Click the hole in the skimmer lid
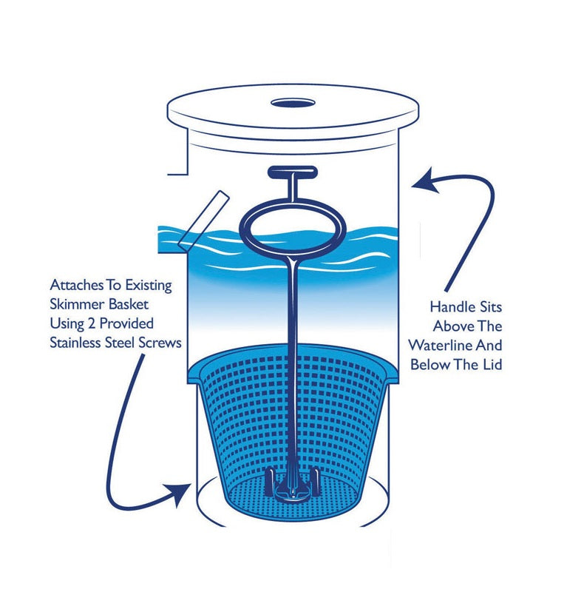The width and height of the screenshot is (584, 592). coord(293,103)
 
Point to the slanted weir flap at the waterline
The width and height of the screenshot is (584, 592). coord(204,221)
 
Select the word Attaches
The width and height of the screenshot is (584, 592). coord(77,285)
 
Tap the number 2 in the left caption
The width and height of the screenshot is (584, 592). coord(92,324)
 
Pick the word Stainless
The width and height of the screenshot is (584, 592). coord(75,343)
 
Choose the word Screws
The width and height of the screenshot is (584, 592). coord(160,343)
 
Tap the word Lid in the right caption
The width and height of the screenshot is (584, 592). coord(491,365)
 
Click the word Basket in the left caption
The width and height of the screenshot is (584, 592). coord(129,304)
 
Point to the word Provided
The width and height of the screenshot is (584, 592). coord(126,324)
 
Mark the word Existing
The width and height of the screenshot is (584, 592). coord(149,286)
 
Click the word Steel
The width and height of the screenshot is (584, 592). coord(120,343)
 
